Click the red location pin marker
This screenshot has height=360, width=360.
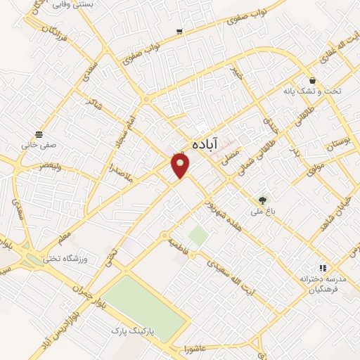pyautogui.click(x=181, y=165)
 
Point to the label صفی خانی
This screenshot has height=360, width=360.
pyautogui.click(x=38, y=145)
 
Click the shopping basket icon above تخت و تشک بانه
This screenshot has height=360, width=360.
pyautogui.click(x=311, y=81)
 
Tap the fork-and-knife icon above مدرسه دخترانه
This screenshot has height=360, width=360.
pyautogui.click(x=323, y=268)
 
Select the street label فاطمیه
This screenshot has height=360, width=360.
pyautogui.click(x=180, y=245)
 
